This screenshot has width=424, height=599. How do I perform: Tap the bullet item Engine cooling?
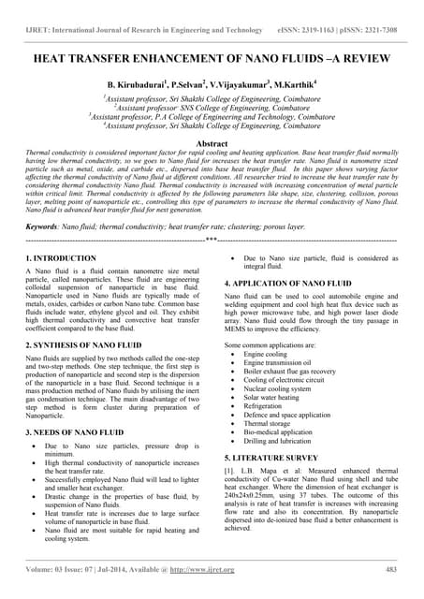click(266, 356)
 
